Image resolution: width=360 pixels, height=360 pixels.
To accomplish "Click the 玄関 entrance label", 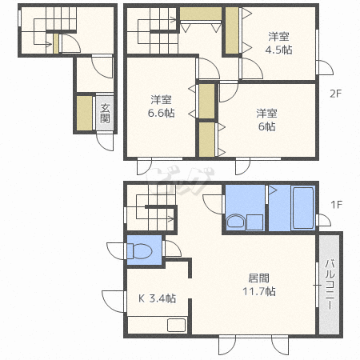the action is [105, 113].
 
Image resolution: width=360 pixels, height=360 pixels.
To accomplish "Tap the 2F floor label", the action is [335, 94].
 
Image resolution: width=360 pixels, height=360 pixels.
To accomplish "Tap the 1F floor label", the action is [336, 205].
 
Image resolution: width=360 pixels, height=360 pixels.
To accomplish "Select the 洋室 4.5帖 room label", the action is [278, 43].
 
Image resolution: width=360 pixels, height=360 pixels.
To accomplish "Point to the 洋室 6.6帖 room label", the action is [162, 106].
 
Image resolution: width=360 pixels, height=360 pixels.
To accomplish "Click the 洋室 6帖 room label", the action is [266, 120].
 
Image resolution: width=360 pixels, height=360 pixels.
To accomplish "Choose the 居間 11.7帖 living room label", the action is [259, 285].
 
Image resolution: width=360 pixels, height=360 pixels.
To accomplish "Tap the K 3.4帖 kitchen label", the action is [157, 298].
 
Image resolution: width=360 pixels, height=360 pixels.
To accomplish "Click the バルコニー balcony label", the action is [330, 284].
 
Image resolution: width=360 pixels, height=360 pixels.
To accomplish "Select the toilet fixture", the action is [139, 251].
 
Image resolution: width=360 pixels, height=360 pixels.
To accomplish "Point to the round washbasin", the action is [235, 222].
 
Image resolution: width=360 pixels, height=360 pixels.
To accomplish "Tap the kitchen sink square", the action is [176, 325].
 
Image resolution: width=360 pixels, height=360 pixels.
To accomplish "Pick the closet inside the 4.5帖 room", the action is [232, 30].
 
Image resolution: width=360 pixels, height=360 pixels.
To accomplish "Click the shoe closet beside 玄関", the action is [85, 113].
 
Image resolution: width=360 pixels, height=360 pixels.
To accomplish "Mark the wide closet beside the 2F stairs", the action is [201, 14].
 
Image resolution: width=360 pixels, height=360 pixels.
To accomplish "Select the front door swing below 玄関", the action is [105, 142].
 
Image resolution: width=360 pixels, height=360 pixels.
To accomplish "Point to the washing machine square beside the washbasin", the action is [255, 222].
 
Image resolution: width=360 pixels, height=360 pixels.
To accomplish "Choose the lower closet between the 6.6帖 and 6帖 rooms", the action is [207, 139].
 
